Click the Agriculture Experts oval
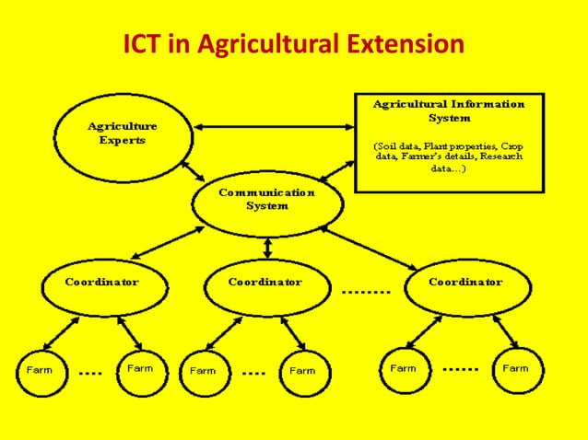122,133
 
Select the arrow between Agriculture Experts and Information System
274,127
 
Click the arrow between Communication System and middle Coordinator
267,247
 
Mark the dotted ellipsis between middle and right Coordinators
366,293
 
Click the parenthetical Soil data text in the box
448,157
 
